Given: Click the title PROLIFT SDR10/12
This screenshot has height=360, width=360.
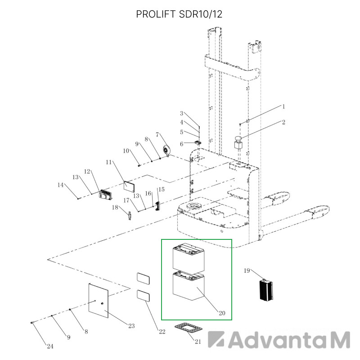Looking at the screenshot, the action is coord(179,14).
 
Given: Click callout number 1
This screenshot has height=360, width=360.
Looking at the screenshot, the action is coord(283,107).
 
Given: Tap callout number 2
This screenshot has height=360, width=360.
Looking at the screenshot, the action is coord(283,122).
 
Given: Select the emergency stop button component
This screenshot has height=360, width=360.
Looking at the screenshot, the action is coord(238,143).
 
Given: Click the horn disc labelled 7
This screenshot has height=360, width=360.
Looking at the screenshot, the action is coord(166,150).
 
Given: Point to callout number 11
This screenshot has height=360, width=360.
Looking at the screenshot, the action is coord(108,162).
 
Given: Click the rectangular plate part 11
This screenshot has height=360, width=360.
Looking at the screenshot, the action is coord(129,186).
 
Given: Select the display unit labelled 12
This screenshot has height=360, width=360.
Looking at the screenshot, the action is coord(106,194).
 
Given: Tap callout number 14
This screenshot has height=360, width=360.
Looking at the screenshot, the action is coord(60,185).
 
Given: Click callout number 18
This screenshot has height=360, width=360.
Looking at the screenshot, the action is coord(115,207).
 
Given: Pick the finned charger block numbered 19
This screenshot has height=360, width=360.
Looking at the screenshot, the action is coord(266,290).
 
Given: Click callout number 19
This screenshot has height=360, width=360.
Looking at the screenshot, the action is coord(247,270).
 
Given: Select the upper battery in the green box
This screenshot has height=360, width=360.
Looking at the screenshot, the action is coord(189,257).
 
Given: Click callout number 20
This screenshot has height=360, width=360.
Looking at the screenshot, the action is coord(222,313).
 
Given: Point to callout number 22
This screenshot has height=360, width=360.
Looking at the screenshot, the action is coord(162,332).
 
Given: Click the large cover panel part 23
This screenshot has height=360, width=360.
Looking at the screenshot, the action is coord(99,301).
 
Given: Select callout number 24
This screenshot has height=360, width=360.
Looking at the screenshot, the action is coord(50,346).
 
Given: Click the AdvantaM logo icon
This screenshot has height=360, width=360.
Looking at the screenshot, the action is coord(216,339).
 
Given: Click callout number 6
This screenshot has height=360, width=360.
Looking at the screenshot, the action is coord(182,144).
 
